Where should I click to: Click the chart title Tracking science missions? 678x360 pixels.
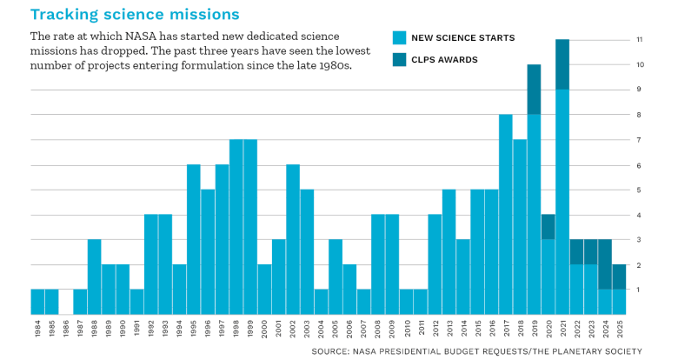pyautogui.click(x=135, y=14)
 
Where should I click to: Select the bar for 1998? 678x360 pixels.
pyautogui.click(x=236, y=226)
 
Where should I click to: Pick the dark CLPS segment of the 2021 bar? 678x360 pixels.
pyautogui.click(x=562, y=64)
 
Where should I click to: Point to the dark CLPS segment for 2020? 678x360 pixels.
pyautogui.click(x=548, y=226)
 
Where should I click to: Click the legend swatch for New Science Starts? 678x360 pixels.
pyautogui.click(x=399, y=37)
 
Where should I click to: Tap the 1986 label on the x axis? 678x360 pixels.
pyautogui.click(x=66, y=330)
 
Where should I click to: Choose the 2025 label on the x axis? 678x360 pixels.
pyautogui.click(x=619, y=330)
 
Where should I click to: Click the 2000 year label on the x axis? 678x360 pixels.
pyautogui.click(x=265, y=330)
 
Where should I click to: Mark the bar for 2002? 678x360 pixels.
pyautogui.click(x=293, y=239)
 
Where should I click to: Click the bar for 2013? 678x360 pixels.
pyautogui.click(x=449, y=251)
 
